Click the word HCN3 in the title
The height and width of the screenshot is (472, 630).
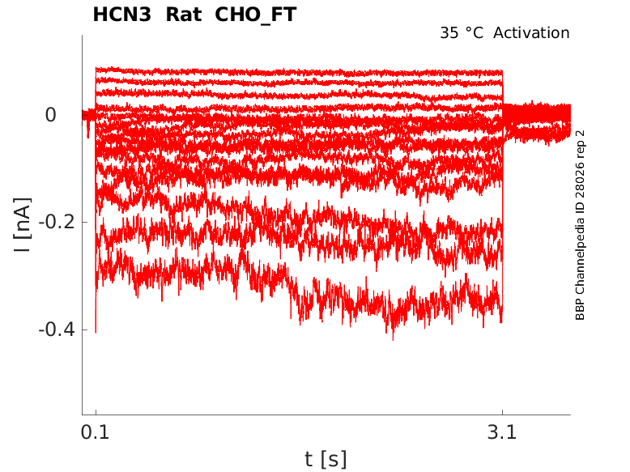121,15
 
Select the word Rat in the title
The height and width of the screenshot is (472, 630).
184,15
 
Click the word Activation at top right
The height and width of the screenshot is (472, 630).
531,33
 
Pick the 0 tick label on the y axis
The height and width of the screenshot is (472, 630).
51,115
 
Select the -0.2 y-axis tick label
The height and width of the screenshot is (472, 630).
57,222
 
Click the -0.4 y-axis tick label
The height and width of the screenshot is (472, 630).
57,330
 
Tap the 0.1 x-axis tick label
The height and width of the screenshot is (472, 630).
96,432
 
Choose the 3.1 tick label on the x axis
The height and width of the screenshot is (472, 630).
502,432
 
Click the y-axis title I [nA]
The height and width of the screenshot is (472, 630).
23,225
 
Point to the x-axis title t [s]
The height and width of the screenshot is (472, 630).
326,459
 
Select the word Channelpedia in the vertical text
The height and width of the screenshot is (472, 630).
580,249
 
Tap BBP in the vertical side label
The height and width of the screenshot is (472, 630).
580,311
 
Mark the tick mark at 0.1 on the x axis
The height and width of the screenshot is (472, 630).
96,413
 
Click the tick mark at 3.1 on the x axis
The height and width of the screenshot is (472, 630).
502,413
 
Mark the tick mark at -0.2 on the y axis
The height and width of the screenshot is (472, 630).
84,222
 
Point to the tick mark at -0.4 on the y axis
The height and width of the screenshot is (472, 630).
84,330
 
